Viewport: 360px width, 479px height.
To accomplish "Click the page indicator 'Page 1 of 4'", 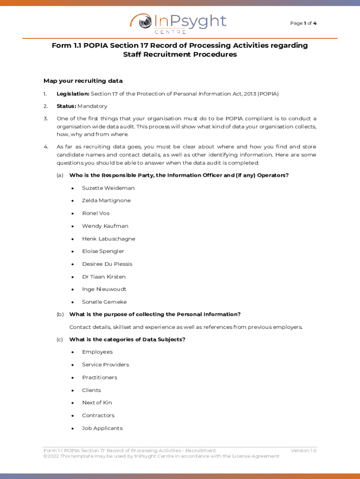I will pyautogui.click(x=303, y=23).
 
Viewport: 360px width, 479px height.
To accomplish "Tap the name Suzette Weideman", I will pyautogui.click(x=108, y=188).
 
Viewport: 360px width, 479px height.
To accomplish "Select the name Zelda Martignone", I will pyautogui.click(x=106, y=201).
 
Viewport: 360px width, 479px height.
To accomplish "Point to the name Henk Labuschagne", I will pyautogui.click(x=108, y=239).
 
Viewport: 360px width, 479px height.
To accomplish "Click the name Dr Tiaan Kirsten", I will pyautogui.click(x=104, y=277).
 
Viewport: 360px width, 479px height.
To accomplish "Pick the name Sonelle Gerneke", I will pyautogui.click(x=104, y=302).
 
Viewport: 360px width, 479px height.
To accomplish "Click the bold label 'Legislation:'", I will pyautogui.click(x=73, y=94).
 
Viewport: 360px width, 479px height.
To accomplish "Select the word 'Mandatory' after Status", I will pyautogui.click(x=93, y=106).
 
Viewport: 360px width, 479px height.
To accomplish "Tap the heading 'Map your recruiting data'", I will pyautogui.click(x=83, y=81).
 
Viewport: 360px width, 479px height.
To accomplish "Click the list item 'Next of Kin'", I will pyautogui.click(x=97, y=403).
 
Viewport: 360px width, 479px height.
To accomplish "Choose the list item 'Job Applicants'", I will pyautogui.click(x=102, y=428).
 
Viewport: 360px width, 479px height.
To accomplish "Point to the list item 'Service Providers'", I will pyautogui.click(x=105, y=365).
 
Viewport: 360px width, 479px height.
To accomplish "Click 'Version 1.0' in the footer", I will pyautogui.click(x=303, y=450).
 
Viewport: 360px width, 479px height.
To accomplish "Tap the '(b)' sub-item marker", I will pyautogui.click(x=60, y=314).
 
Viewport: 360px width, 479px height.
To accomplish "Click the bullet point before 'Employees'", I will pyautogui.click(x=72, y=352).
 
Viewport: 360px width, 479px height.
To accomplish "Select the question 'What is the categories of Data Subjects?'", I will pyautogui.click(x=127, y=340).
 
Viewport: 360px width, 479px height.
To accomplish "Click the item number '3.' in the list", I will pyautogui.click(x=46, y=119).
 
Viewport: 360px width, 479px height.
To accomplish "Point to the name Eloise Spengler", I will pyautogui.click(x=103, y=252).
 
